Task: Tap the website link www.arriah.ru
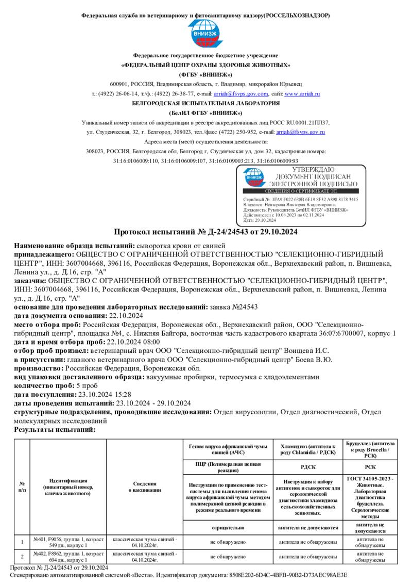click(x=302, y=94)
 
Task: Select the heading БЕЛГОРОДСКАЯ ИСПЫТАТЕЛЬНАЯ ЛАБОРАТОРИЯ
click(x=206, y=103)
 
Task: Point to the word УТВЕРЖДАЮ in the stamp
click(x=313, y=170)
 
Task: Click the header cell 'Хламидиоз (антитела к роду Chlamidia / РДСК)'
click(x=308, y=448)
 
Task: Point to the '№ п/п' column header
click(x=22, y=487)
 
